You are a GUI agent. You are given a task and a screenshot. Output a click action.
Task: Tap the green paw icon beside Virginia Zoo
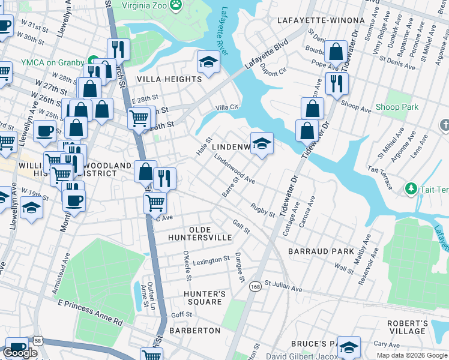point(176,5)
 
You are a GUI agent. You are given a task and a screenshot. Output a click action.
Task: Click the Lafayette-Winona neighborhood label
point(321,20)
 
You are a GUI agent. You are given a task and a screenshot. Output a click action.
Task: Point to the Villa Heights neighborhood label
point(169,79)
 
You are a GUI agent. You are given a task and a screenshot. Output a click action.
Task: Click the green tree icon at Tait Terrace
point(411,190)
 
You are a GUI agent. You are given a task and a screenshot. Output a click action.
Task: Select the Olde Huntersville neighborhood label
point(210,234)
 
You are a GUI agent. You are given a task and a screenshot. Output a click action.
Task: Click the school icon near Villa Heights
point(208,62)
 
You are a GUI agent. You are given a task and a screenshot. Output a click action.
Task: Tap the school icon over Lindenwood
point(262,143)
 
